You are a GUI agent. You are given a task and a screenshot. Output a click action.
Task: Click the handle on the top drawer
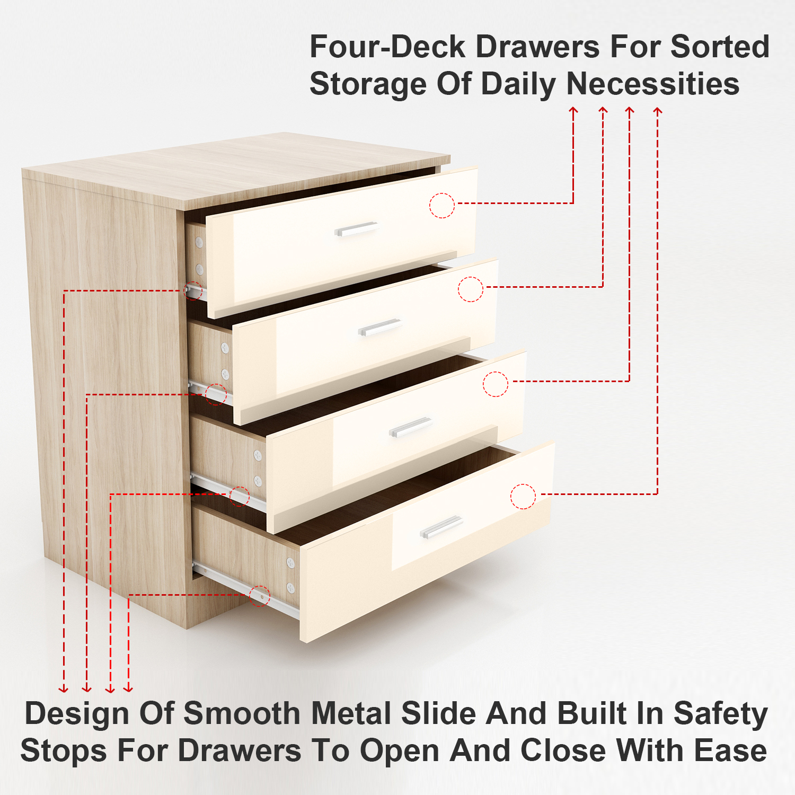356,229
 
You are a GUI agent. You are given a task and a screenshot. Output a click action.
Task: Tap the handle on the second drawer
379,327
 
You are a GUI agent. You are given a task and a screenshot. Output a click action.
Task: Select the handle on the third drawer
411,427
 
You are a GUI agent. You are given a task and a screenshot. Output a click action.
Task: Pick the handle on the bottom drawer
441,527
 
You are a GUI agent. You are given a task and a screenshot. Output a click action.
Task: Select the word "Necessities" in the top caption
653,84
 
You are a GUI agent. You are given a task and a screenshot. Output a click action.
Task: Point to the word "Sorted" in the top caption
720,47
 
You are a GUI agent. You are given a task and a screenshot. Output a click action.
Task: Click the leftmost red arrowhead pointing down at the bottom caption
64,688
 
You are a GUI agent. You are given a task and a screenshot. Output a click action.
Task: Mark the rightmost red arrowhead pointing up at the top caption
658,110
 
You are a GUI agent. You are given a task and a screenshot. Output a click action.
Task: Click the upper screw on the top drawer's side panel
199,243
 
